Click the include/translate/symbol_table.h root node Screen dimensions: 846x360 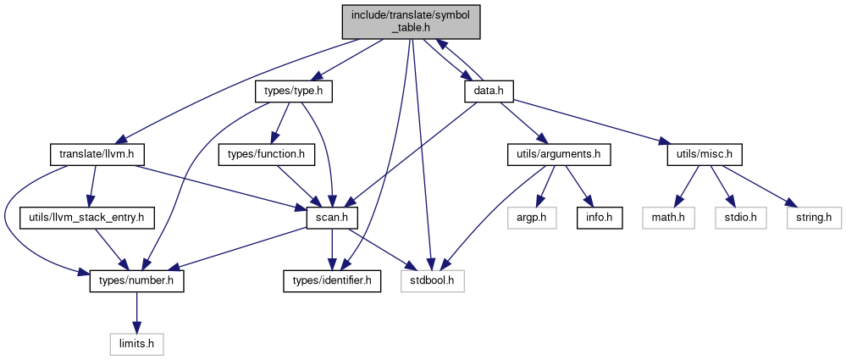[x=411, y=21]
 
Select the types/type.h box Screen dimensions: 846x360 [x=293, y=91]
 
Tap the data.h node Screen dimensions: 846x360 [x=489, y=91]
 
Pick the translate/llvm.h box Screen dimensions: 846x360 [x=98, y=155]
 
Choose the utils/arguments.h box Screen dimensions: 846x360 [x=559, y=155]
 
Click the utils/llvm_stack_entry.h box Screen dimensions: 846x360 [x=87, y=218]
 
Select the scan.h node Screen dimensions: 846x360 [x=332, y=218]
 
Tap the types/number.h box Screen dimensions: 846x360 [x=136, y=281]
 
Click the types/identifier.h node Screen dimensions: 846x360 [x=332, y=281]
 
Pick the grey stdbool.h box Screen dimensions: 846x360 [x=433, y=281]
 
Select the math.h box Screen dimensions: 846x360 [x=668, y=218]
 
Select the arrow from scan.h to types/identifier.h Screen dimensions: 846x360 [x=332, y=250]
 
